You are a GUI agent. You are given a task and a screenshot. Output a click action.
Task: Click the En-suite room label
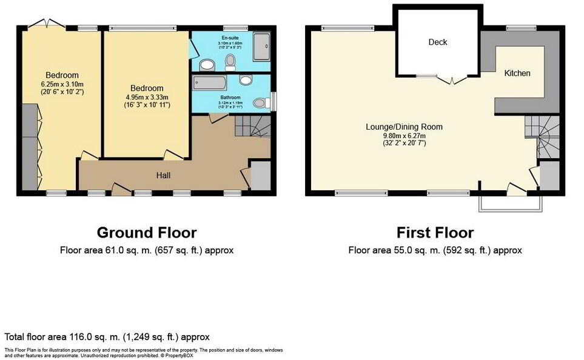(230, 37)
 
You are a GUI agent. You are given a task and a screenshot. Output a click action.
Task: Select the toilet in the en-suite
(230, 61)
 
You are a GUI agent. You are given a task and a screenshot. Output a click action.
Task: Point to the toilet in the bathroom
(261, 103)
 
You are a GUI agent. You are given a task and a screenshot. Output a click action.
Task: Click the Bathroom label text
(230, 98)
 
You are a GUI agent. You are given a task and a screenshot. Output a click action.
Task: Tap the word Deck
(437, 42)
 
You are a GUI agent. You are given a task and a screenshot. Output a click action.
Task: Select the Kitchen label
(517, 73)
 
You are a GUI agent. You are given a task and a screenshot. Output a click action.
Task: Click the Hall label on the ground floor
(162, 175)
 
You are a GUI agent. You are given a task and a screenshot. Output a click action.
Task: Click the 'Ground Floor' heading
(147, 233)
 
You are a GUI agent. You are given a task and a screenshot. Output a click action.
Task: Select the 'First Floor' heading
(435, 233)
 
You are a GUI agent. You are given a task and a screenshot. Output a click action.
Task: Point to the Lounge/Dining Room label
(404, 127)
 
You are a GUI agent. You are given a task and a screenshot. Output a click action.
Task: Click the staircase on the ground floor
(251, 128)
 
